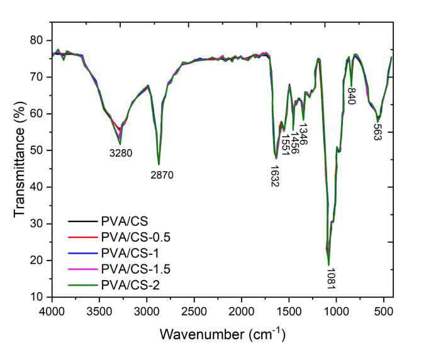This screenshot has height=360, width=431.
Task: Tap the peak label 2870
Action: pyautogui.click(x=162, y=175)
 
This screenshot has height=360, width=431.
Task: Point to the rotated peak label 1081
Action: pyautogui.click(x=330, y=278)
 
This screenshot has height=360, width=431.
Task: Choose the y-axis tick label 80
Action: pyautogui.click(x=38, y=40)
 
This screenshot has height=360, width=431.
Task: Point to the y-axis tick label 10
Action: pyautogui.click(x=38, y=297)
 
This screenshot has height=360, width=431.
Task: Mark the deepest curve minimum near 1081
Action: pyautogui.click(x=328, y=264)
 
